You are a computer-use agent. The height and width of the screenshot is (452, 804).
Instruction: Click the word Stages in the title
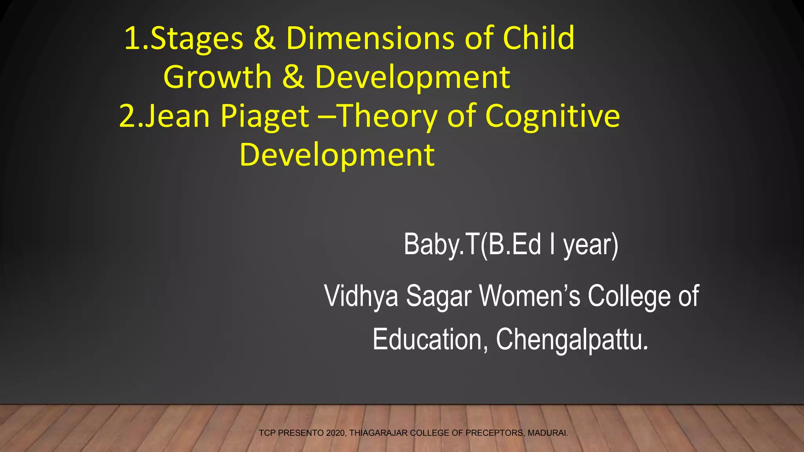[197, 39]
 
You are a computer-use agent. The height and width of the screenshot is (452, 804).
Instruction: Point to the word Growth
[217, 77]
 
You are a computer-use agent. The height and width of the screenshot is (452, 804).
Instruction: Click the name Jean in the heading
[177, 116]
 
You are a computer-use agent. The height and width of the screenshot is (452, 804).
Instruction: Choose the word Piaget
[265, 117]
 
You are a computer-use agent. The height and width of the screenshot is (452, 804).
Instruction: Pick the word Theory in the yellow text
[387, 117]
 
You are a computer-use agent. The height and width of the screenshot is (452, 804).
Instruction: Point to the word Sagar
[439, 297]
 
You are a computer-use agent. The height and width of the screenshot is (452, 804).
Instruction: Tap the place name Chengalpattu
[572, 339]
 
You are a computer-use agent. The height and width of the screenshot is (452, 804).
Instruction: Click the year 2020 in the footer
[335, 433]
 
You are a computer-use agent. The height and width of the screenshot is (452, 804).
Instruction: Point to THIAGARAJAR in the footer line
[378, 433]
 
